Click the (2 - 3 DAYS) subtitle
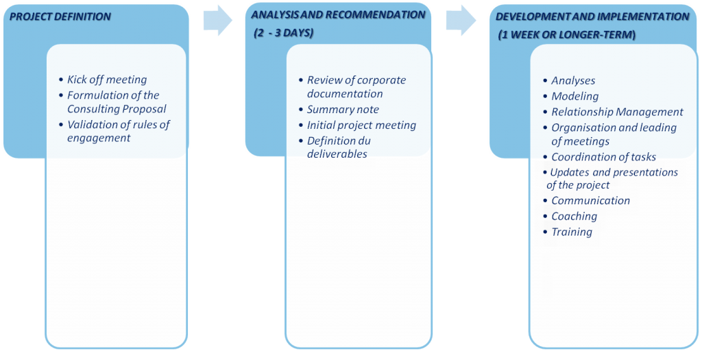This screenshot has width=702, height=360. click(x=283, y=32)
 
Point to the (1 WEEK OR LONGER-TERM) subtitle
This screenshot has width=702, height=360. click(x=566, y=34)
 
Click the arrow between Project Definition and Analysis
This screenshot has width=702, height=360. click(x=217, y=21)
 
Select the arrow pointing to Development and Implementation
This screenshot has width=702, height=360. click(x=461, y=21)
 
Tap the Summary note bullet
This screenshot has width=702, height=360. click(x=342, y=109)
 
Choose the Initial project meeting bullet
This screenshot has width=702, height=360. click(x=361, y=125)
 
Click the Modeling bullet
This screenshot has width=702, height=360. click(x=574, y=96)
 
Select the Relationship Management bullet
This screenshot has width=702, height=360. click(x=617, y=112)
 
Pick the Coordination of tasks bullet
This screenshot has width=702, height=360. click(x=603, y=157)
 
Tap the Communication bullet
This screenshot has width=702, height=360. click(x=590, y=200)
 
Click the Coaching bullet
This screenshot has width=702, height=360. click(x=574, y=216)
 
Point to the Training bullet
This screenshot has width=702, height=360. click(x=572, y=232)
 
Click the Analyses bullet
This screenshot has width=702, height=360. click(x=573, y=80)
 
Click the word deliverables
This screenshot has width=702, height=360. click(x=337, y=154)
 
